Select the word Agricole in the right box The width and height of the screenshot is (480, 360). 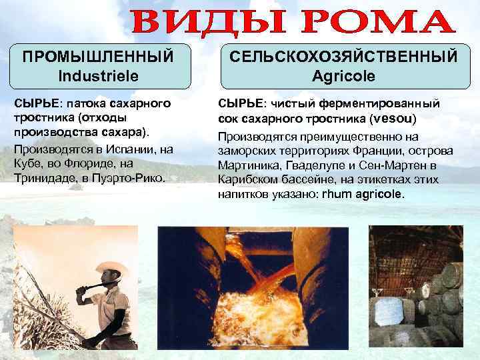point(343,76)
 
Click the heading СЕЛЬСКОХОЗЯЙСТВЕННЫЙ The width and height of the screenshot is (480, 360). point(343,57)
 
